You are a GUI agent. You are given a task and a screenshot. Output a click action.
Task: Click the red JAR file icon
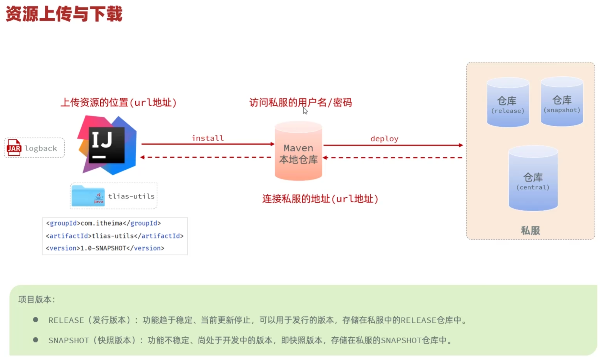coord(14,148)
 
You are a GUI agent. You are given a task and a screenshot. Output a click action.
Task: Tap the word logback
coord(41,148)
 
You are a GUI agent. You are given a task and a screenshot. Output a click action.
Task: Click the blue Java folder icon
coord(88,196)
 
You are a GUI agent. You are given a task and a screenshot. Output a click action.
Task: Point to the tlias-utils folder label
coord(131,196)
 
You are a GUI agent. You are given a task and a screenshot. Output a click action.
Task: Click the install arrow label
coord(207,138)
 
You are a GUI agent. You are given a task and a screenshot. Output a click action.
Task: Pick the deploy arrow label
coord(384,139)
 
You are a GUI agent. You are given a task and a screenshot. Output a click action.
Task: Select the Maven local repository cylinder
coord(298,151)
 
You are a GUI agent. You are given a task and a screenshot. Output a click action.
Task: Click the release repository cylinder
coord(508,102)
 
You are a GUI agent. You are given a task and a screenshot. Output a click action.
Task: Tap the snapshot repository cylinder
coord(562,102)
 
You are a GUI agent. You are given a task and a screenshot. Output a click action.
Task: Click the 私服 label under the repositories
coord(530,230)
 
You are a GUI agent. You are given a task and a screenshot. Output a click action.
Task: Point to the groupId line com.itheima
coord(103,223)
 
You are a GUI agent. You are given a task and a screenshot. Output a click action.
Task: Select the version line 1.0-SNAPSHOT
coord(105,248)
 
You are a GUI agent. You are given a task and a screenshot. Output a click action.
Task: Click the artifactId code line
coord(115,236)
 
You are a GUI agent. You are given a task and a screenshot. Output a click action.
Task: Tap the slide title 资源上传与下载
coord(64,14)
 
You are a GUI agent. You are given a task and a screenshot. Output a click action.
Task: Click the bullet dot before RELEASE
coord(35,320)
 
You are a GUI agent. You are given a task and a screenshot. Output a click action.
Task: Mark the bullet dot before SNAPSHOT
coord(35,340)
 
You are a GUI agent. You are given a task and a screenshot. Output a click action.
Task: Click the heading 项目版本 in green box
coord(37,299)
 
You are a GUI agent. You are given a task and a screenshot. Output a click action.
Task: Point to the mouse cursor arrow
coord(305,111)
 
